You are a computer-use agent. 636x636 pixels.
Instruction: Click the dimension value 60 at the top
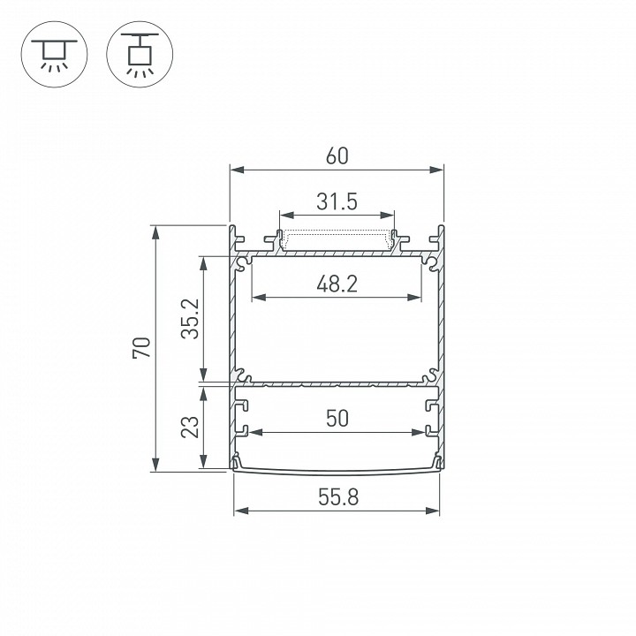(337, 156)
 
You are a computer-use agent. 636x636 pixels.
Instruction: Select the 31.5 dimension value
(337, 202)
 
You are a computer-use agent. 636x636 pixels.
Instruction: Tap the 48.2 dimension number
(337, 284)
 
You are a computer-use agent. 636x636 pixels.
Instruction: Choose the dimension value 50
(337, 420)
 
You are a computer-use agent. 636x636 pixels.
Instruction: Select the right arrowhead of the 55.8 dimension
(434, 511)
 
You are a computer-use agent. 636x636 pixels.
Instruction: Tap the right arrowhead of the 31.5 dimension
(388, 215)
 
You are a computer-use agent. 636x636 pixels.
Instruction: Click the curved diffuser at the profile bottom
(337, 469)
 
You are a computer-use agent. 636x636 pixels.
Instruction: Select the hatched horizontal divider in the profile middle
(337, 384)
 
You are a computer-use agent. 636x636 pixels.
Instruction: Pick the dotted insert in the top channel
(337, 239)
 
